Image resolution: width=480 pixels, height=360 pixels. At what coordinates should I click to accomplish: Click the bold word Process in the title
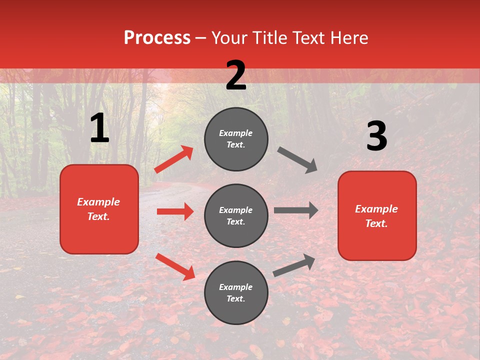click(157, 38)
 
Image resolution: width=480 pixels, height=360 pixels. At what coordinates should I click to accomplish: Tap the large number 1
click(99, 128)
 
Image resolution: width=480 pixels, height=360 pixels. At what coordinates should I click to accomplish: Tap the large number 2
click(236, 75)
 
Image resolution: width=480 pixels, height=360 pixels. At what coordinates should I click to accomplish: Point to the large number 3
click(376, 136)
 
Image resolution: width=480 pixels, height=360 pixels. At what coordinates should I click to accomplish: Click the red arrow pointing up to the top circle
click(174, 159)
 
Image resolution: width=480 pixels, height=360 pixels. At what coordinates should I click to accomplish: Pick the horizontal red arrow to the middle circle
click(175, 211)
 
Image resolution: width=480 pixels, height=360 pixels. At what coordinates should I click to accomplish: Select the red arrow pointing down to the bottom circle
click(175, 266)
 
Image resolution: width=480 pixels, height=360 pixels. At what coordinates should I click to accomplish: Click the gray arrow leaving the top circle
click(297, 160)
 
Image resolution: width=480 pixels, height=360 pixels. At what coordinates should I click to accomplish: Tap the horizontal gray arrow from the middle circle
click(296, 210)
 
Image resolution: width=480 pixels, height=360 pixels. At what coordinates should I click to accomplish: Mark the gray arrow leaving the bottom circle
click(294, 265)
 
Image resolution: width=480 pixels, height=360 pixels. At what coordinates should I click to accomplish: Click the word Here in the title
click(350, 38)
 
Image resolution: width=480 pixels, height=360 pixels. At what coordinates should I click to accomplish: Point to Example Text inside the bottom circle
click(236, 293)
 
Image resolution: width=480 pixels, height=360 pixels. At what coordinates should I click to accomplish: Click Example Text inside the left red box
click(98, 209)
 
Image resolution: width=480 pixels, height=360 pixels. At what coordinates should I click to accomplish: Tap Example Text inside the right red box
click(376, 216)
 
